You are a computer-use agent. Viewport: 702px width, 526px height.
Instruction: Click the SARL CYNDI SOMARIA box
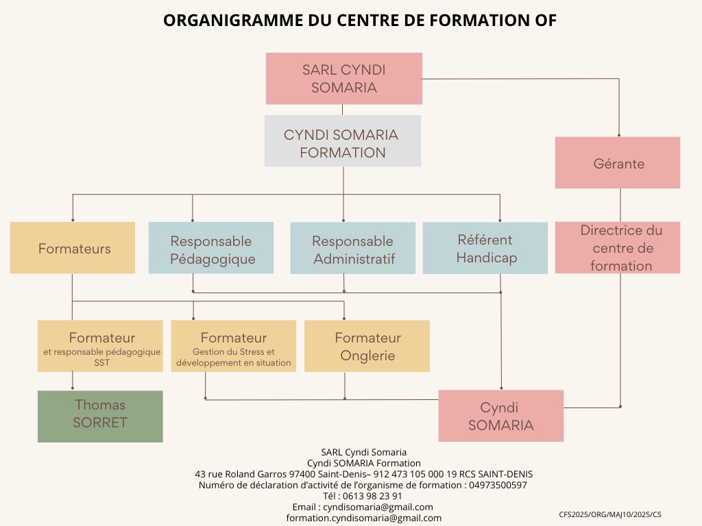click(343, 79)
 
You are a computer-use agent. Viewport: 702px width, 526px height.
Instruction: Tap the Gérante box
click(618, 163)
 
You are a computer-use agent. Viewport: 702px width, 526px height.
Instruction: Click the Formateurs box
click(73, 248)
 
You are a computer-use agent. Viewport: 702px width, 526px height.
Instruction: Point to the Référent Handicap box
click(485, 248)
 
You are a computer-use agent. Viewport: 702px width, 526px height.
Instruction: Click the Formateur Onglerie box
click(367, 347)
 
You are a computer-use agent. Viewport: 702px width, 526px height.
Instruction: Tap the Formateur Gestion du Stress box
click(234, 347)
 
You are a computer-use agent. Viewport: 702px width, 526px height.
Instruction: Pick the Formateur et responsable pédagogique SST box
click(101, 347)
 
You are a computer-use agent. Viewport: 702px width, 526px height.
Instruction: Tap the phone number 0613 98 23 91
click(373, 496)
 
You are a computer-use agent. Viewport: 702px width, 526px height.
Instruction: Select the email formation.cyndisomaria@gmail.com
click(364, 518)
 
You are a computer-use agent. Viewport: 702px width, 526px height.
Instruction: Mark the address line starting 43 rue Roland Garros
click(364, 474)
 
